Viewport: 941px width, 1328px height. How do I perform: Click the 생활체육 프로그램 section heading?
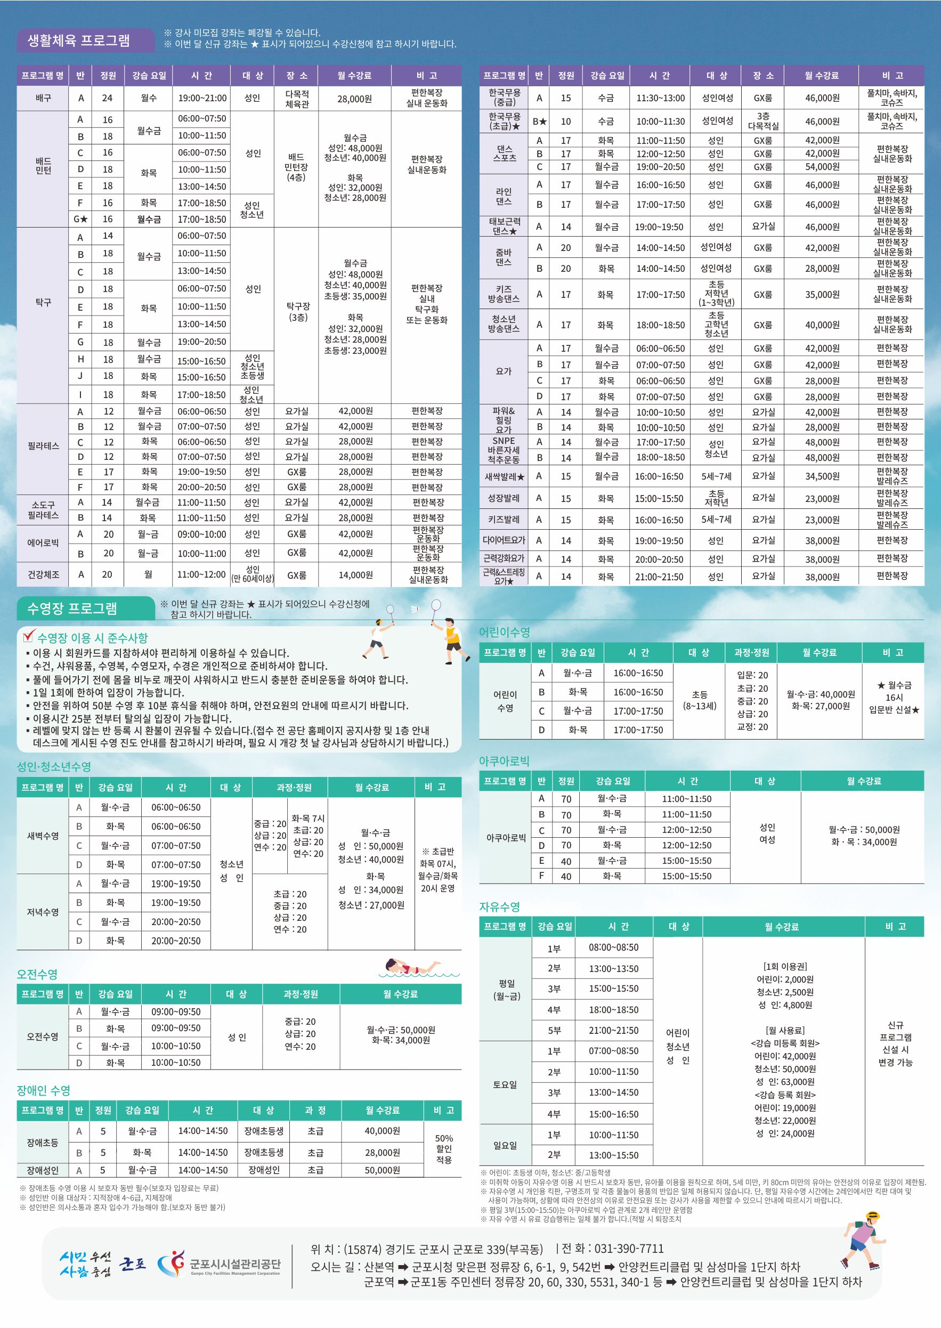pos(79,40)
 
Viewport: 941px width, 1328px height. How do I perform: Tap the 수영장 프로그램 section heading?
pos(72,608)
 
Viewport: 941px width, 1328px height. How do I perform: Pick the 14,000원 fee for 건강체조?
pos(355,575)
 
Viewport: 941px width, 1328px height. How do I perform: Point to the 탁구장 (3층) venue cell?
pos(298,312)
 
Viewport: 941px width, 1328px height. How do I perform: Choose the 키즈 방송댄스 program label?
pos(504,294)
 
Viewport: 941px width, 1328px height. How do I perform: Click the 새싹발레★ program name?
pos(504,477)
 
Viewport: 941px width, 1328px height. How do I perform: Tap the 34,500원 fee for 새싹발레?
pos(822,476)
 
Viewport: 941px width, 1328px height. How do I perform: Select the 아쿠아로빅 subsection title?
pos(504,761)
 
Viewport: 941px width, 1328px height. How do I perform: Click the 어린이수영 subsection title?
pos(504,632)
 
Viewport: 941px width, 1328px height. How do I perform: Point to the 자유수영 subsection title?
pos(499,907)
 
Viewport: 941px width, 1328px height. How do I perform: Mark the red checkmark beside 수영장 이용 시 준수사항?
pos(29,636)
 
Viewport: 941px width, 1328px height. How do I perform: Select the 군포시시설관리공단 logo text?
pos(234,1264)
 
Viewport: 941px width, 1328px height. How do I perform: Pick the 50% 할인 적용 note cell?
pos(443,1149)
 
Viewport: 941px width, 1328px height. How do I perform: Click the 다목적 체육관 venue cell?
pos(297,99)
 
